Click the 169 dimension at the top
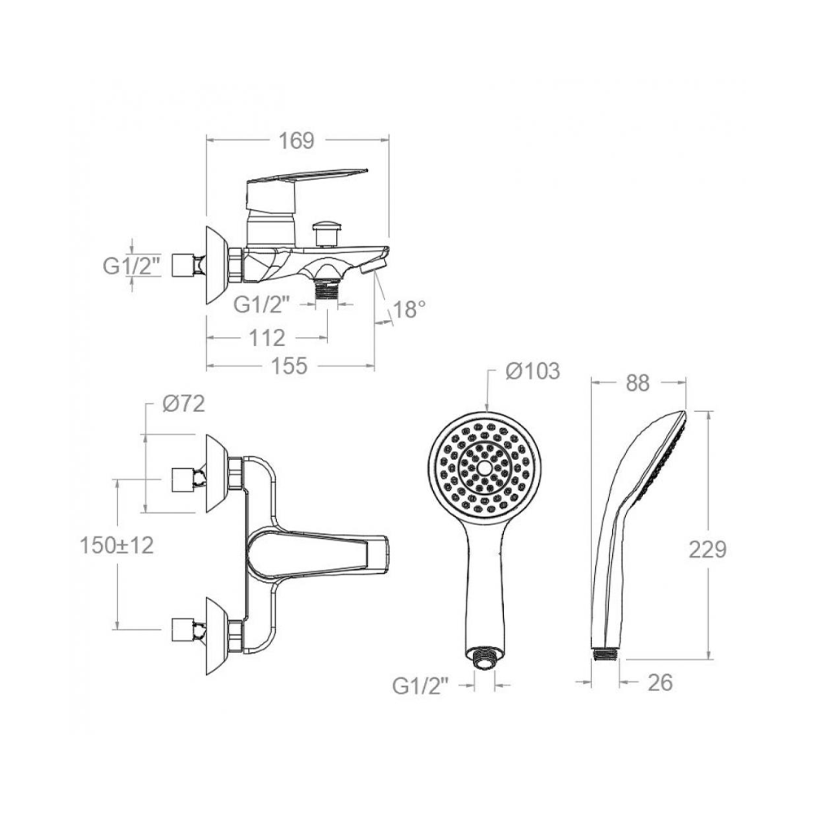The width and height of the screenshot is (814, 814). [x=297, y=140]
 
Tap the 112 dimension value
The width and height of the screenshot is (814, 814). [x=267, y=339]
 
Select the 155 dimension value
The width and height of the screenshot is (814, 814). [x=290, y=365]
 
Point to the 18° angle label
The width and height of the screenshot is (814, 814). [x=409, y=309]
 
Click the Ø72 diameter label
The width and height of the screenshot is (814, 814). [x=183, y=404]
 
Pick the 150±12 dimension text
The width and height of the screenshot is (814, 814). [x=116, y=545]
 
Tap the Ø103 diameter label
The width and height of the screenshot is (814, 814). [x=532, y=371]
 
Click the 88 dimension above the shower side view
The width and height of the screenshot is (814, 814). [x=637, y=383]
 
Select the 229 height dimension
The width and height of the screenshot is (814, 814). [x=707, y=549]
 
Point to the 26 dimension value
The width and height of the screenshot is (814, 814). [x=660, y=683]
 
